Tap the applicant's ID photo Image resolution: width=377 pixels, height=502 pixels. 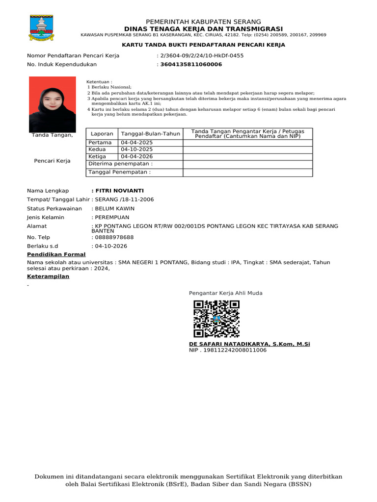pos(52,104)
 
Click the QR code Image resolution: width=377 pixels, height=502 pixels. pos(216,319)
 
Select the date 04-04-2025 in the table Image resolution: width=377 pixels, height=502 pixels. pos(137,143)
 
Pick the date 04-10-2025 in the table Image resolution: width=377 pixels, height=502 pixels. pos(137,150)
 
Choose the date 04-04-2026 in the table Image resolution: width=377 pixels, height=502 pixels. pos(137,156)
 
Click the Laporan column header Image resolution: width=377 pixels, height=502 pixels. pos(102,134)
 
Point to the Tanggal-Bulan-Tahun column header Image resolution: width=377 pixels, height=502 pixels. pos(150,134)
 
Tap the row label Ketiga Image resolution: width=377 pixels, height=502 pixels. pos(97,156)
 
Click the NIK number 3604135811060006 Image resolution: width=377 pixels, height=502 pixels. pos(191,64)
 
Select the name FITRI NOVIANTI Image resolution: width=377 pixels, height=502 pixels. pos(119,191)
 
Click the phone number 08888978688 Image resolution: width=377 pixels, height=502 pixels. pos(114,237)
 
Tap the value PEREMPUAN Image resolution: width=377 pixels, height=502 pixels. pos(112,217)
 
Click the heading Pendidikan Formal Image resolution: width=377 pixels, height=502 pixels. pos(56,254)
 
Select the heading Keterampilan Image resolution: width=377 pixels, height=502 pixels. pos(48,276)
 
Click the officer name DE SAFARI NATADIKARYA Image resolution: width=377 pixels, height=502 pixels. pos(229,344)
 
